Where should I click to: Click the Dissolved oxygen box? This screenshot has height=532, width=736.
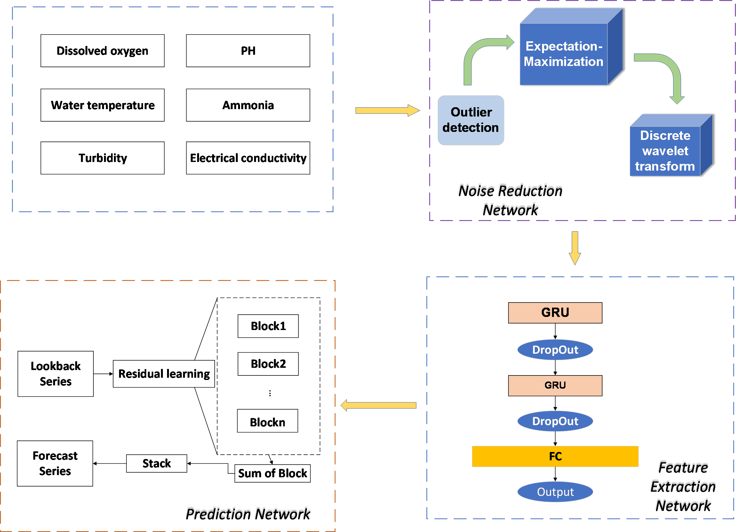coord(102,51)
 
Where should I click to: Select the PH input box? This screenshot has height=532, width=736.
coord(248,51)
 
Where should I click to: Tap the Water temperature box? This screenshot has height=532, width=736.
coord(102,105)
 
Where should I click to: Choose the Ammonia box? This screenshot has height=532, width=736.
coord(248,105)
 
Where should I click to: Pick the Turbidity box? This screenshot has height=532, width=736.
coord(102,158)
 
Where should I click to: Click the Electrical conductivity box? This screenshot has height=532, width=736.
coord(248,158)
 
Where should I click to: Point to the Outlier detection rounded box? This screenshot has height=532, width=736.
coord(470,120)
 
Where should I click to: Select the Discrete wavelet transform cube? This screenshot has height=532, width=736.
coord(665,151)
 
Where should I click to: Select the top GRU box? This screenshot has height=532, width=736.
coord(555,313)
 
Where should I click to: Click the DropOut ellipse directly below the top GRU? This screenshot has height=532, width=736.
coord(555,350)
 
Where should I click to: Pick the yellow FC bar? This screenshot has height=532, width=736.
coord(555,456)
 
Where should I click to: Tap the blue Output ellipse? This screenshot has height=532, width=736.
coord(555,492)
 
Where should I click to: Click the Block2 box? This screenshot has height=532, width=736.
coord(268,364)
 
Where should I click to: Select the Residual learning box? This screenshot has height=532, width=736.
coord(164,374)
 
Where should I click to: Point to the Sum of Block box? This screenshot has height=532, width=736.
coord(272,473)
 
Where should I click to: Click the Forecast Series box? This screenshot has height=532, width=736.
coord(55,463)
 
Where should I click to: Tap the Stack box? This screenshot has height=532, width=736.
coord(156,463)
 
